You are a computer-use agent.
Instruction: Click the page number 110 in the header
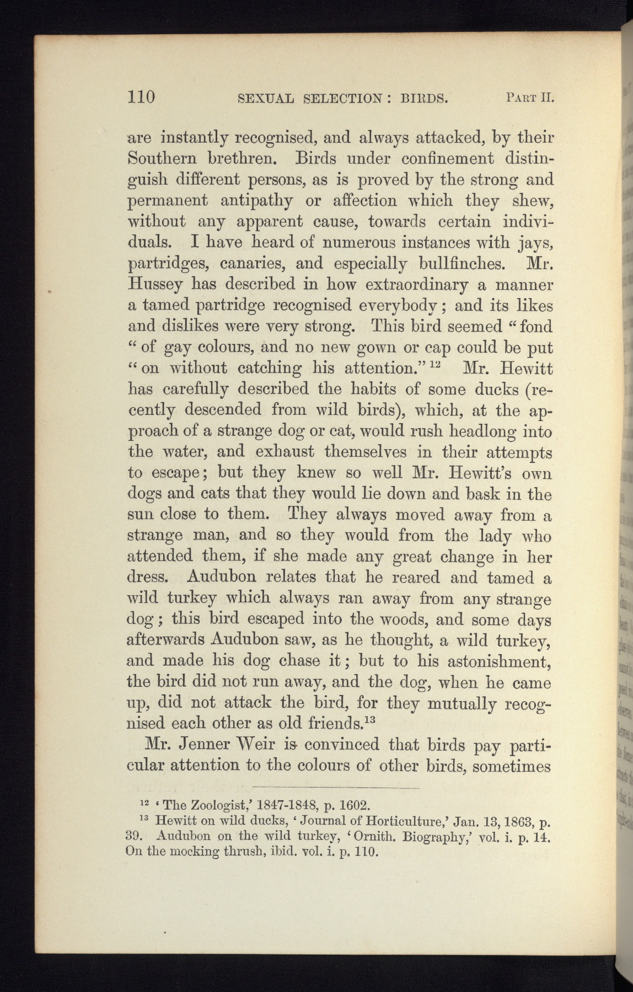142,97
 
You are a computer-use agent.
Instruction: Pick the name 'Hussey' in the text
155,285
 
